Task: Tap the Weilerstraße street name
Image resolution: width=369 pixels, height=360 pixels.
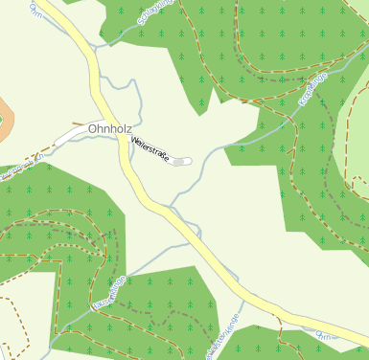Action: [151, 151]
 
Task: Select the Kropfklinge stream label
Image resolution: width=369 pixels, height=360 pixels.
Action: [313, 89]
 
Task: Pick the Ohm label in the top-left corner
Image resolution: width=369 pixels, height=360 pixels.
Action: [36, 10]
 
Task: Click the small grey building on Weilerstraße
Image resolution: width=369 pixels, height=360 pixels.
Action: [181, 162]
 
